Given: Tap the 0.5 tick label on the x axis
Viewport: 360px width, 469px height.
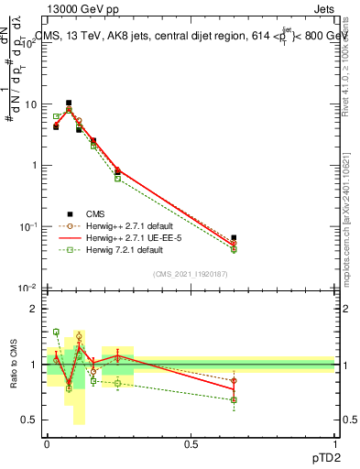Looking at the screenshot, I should coord(191,442).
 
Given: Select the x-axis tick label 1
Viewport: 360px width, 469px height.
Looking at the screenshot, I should coord(335,442).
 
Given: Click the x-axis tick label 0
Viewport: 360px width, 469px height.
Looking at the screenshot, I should coord(47,442).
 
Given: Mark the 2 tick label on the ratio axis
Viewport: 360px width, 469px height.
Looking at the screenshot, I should coord(34,309).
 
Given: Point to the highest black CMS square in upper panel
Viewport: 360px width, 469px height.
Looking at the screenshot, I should coord(69,104).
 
